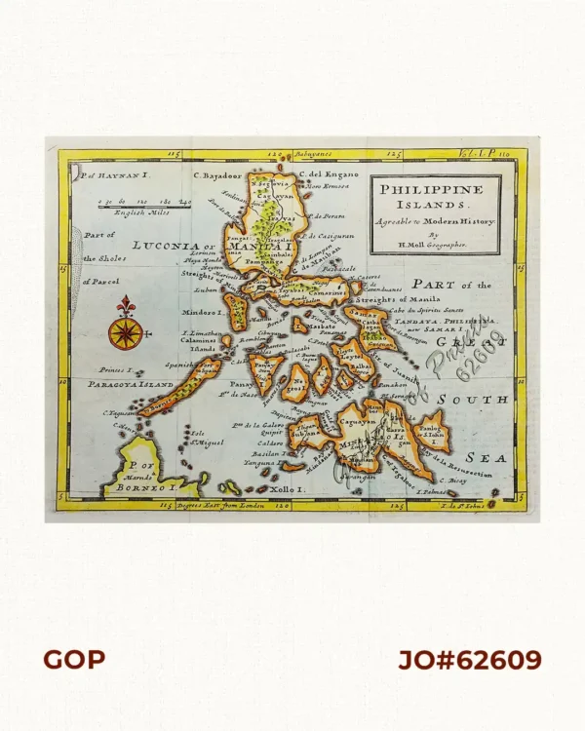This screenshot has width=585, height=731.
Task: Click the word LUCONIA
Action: point(163,247)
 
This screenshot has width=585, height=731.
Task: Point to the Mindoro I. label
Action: point(203,313)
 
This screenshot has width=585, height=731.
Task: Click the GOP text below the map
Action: point(74,660)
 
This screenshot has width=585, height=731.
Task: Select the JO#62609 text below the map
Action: point(469,660)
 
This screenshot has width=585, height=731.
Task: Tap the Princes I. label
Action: point(116,371)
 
